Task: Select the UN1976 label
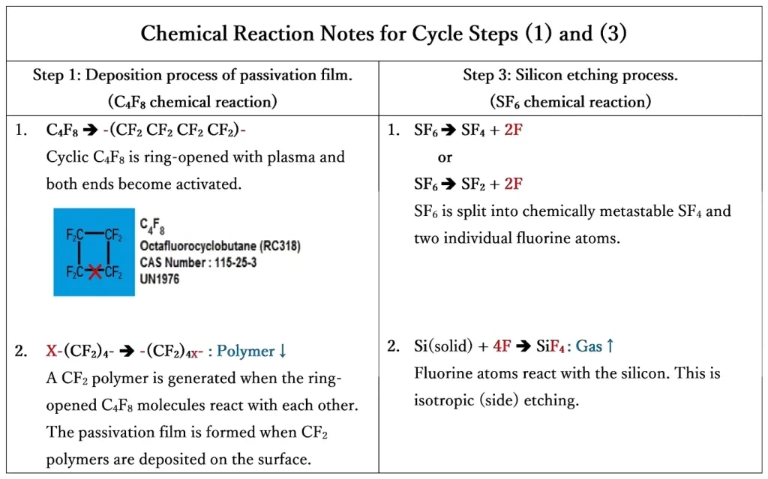pos(160,279)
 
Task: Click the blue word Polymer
pos(246,351)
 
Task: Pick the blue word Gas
pos(589,346)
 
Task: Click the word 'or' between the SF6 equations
pos(445,158)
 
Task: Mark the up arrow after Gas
pos(610,346)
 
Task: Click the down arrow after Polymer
pos(283,351)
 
